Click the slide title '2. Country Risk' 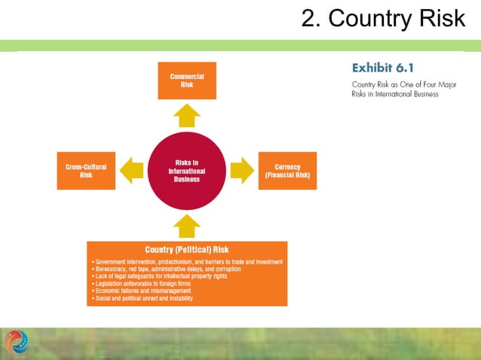click(x=383, y=18)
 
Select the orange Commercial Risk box click(x=187, y=81)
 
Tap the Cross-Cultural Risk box click(x=86, y=170)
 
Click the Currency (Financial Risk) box click(x=287, y=170)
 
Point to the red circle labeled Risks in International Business click(x=187, y=170)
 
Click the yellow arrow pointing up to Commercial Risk click(x=187, y=116)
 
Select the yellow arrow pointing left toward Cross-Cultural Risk click(x=132, y=170)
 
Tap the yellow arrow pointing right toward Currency click(x=242, y=170)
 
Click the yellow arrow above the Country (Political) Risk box click(x=187, y=225)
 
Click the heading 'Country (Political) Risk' click(x=187, y=249)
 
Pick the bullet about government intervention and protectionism click(x=187, y=262)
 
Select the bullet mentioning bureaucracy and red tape click(x=165, y=269)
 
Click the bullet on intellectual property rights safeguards click(x=156, y=276)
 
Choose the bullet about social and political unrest click(x=141, y=299)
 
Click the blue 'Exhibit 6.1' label click(x=382, y=68)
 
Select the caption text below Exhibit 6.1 click(x=394, y=89)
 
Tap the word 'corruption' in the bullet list click(x=224, y=269)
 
